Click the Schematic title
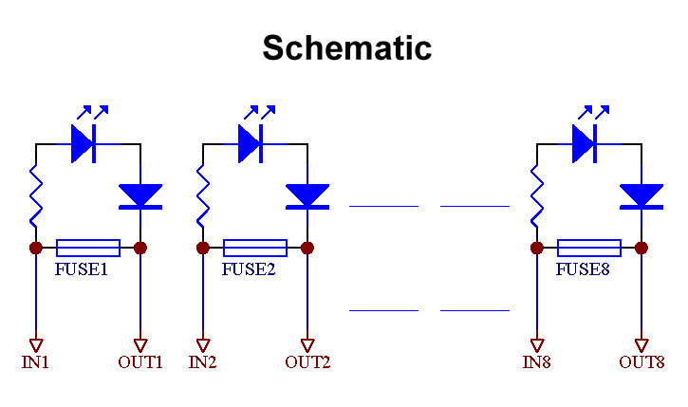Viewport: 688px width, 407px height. tap(346, 47)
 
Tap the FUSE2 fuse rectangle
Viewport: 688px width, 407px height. tap(254, 248)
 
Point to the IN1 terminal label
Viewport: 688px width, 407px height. tap(35, 361)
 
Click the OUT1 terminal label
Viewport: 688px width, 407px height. tap(140, 361)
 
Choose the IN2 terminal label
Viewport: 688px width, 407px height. tap(203, 361)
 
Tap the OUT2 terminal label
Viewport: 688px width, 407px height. tap(307, 361)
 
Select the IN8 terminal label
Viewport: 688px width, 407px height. tap(537, 361)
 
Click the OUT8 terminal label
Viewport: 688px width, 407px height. tap(642, 361)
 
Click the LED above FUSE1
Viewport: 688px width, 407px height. tap(84, 143)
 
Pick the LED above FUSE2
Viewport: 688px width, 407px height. tap(251, 143)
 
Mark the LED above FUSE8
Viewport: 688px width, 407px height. tap(585, 143)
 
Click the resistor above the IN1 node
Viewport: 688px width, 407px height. tap(36, 194)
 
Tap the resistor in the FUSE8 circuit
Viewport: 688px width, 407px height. tap(537, 194)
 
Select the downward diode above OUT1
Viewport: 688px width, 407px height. tap(140, 195)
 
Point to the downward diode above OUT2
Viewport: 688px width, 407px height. tap(307, 195)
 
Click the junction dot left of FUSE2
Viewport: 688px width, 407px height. tap(203, 248)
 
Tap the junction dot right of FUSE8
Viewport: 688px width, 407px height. tap(642, 248)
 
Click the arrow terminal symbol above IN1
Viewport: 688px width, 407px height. tap(36, 344)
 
